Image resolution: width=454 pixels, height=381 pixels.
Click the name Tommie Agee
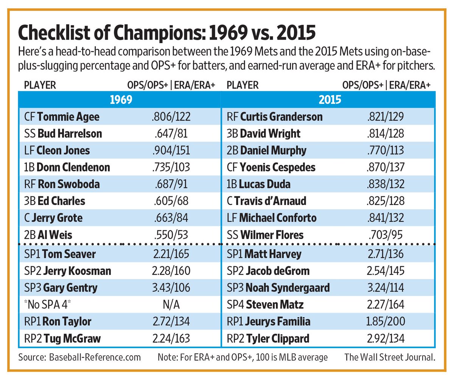click(x=68, y=117)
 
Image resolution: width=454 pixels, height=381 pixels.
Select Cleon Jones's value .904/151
click(x=171, y=150)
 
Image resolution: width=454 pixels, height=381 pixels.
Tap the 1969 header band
click(x=120, y=100)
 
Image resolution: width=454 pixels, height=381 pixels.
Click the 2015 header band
click(x=330, y=100)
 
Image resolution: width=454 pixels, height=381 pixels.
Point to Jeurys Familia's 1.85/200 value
click(x=386, y=322)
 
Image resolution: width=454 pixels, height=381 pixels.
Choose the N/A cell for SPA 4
click(x=171, y=305)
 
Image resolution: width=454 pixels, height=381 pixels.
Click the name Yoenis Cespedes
click(x=277, y=167)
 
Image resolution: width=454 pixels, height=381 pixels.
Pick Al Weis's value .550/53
click(x=171, y=235)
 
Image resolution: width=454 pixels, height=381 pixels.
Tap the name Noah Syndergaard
click(x=288, y=288)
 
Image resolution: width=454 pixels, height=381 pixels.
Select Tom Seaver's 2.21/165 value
click(x=171, y=254)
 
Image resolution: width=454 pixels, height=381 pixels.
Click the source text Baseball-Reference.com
click(x=95, y=357)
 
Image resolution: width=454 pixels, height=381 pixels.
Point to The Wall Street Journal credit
click(x=389, y=357)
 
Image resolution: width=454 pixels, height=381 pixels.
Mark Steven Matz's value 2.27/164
click(x=386, y=305)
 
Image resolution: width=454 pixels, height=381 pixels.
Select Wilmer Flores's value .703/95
click(x=386, y=235)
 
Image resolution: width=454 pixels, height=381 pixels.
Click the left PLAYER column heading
click(x=40, y=85)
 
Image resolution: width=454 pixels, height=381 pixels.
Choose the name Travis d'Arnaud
click(x=270, y=201)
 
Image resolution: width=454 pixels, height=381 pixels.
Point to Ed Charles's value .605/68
click(x=171, y=201)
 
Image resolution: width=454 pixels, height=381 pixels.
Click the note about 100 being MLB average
click(x=243, y=357)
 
